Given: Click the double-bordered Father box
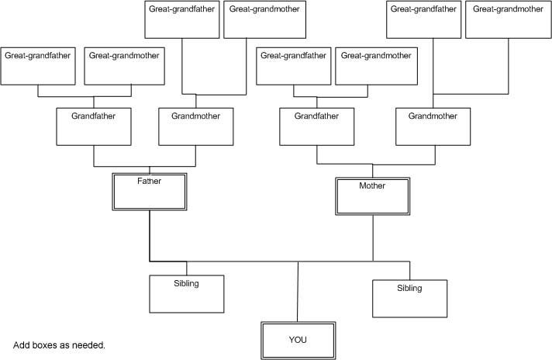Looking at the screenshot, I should click(150, 191).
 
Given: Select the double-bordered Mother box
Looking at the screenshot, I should click(372, 196).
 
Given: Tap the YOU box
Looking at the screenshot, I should click(298, 340).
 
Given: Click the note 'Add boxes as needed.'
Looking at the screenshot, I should click(59, 344).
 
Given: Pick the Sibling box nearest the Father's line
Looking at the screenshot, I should click(186, 292).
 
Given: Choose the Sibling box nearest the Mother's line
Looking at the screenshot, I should click(409, 298).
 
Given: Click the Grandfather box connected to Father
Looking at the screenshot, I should click(95, 126).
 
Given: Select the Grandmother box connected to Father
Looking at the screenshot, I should click(195, 126).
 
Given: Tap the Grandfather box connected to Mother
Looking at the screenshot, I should click(317, 126).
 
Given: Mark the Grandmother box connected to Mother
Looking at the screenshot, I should click(433, 126).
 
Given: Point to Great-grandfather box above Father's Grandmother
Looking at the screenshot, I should click(182, 20).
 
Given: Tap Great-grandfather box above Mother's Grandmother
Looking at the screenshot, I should click(424, 20).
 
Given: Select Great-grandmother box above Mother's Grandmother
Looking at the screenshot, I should click(507, 20).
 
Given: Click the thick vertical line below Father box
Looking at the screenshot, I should click(149, 236).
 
